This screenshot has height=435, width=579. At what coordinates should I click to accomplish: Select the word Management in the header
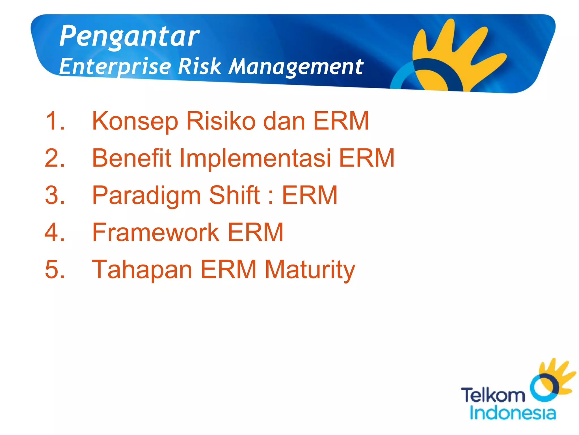coord(296,67)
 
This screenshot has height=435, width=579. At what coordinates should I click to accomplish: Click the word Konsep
coord(135,121)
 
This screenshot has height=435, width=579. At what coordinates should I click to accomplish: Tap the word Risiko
coord(221,121)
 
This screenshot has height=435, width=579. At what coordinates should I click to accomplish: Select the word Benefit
coord(132,158)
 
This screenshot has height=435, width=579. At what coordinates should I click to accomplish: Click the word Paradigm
coord(146,196)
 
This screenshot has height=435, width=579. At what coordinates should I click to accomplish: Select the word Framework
coord(156,232)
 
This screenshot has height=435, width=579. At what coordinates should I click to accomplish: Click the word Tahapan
coord(142,270)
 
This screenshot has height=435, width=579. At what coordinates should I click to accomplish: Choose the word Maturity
coord(310,270)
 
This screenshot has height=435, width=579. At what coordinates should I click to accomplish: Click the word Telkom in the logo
coord(493,395)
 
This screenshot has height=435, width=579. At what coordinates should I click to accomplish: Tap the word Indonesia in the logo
coord(513,413)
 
